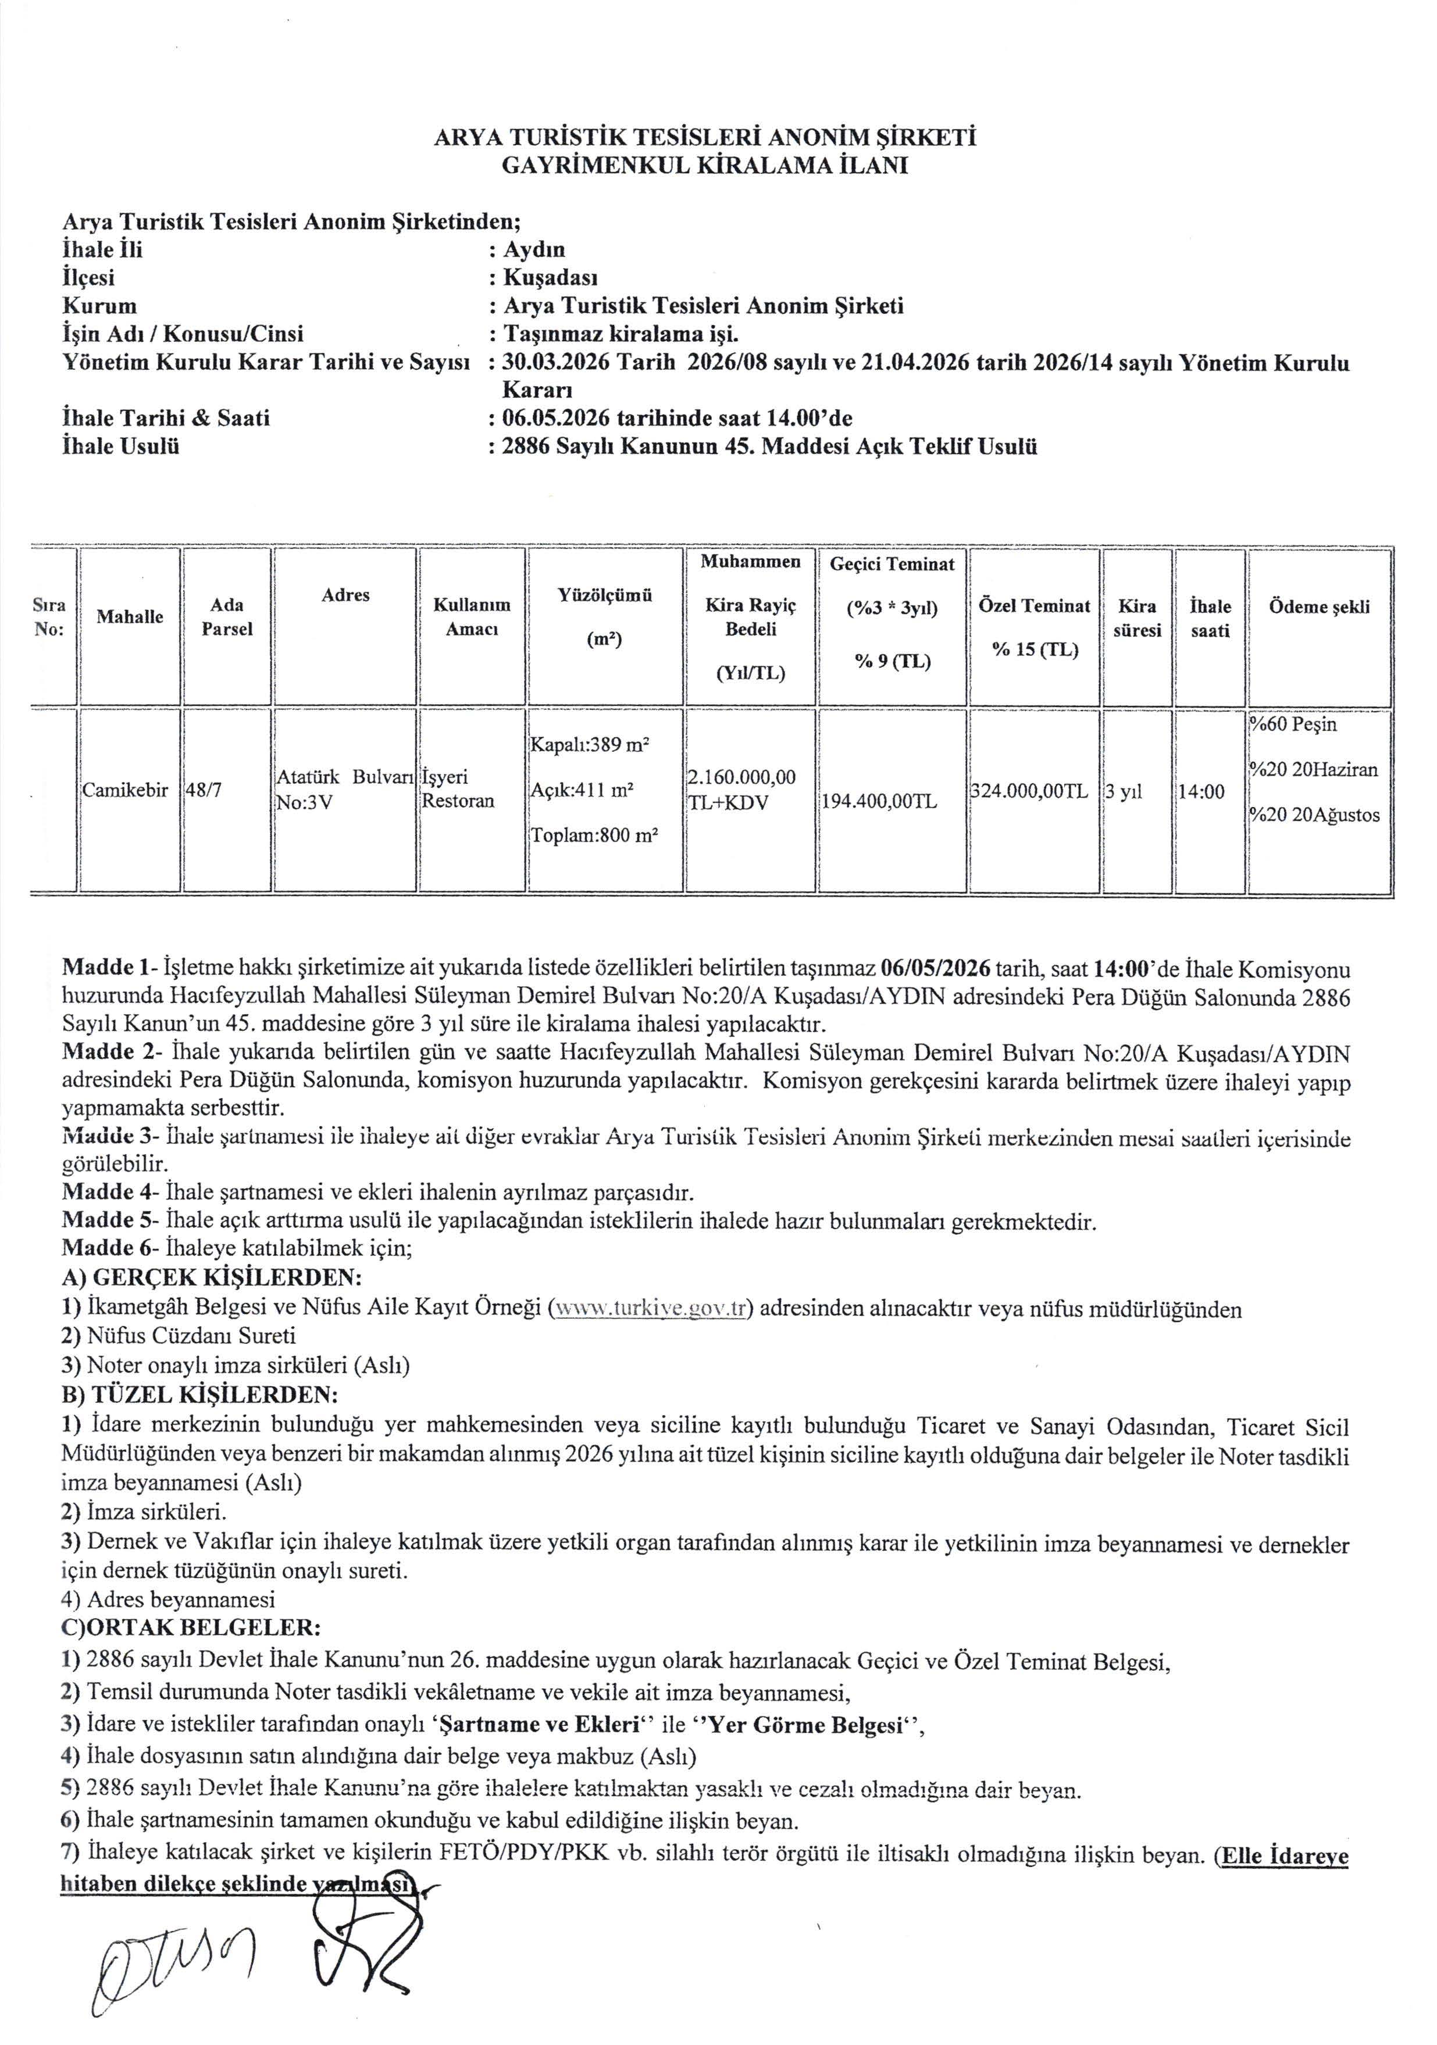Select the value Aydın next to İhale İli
534,249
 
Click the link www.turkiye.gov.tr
648,1309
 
